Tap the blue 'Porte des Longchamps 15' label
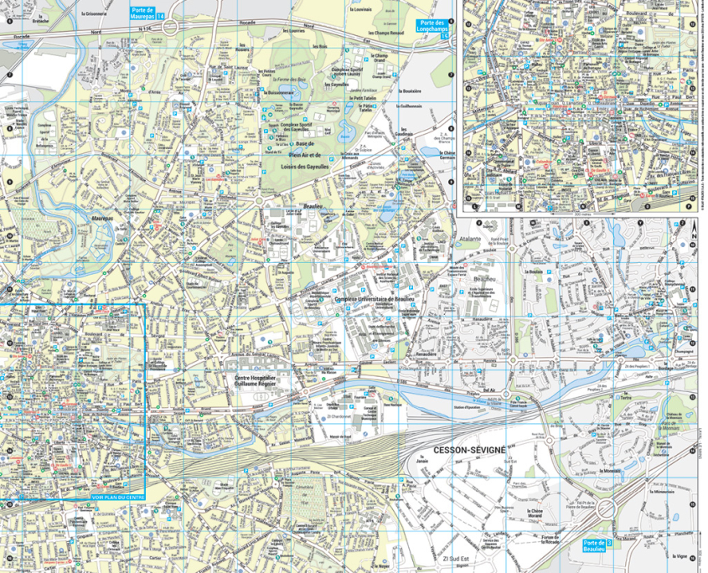coord(434,27)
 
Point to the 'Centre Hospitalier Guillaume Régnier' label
coord(261,382)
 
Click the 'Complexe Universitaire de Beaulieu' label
coord(375,298)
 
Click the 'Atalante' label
coord(470,239)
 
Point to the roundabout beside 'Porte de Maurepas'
coord(170,28)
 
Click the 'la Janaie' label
coord(422,462)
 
